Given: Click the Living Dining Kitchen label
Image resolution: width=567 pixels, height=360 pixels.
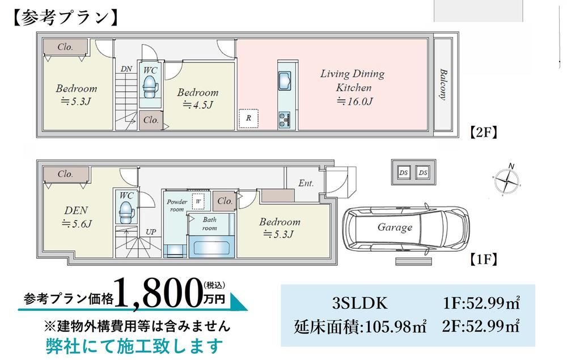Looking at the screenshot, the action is (352, 81).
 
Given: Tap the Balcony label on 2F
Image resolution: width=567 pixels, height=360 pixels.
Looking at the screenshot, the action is (443, 84).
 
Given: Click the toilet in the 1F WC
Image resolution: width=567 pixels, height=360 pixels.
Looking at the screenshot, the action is (126, 212).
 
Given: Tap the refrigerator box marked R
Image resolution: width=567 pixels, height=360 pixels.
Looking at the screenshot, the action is (248, 118).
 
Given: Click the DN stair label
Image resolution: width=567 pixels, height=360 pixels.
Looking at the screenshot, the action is (126, 69).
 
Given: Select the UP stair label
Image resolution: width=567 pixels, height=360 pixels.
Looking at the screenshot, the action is (150, 232).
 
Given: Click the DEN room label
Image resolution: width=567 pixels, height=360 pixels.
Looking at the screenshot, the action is (76, 210).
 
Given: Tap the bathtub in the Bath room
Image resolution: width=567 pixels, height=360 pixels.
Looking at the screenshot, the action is (211, 247).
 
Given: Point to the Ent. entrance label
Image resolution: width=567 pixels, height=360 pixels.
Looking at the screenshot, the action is (306, 183).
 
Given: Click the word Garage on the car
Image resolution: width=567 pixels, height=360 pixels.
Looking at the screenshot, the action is (395, 227).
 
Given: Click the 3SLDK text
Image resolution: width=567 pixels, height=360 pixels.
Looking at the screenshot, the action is (360, 303).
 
